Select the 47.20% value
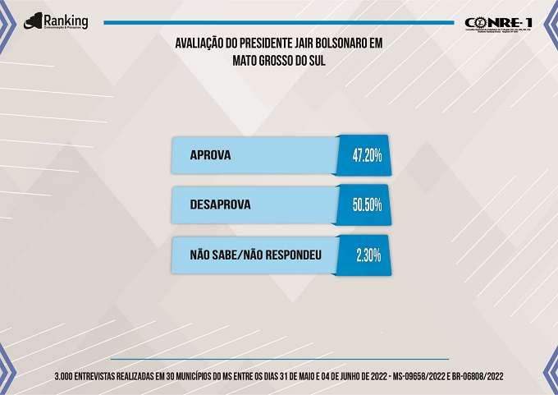367,155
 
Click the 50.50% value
367,205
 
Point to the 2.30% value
368,255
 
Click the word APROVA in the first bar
211,155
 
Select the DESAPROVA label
220,205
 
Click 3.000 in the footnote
64,375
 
